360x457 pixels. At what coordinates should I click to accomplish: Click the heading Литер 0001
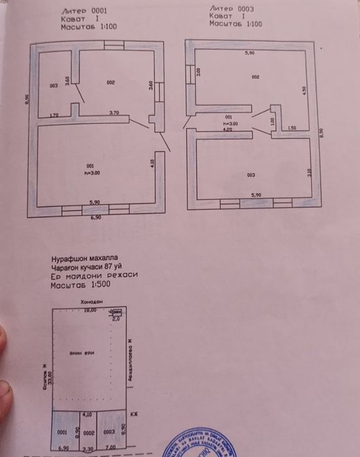point(84,11)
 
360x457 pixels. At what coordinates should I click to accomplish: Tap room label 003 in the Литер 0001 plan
point(53,86)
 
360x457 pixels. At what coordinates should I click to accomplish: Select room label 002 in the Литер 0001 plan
point(111,83)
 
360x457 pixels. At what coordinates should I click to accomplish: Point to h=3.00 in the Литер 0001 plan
point(91,173)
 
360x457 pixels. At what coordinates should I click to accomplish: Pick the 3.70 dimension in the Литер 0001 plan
point(115,113)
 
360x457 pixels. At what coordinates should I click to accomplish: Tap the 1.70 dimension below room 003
point(55,115)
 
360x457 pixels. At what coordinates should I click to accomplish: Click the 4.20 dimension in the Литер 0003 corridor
point(228,130)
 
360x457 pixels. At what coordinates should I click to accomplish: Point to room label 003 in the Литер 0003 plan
point(251,175)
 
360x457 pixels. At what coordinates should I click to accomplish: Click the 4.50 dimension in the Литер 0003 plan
point(304,92)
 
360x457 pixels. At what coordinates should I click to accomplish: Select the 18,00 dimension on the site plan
point(89,311)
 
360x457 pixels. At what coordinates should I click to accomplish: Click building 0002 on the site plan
point(89,432)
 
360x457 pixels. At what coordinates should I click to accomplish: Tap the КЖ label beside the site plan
point(134,415)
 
